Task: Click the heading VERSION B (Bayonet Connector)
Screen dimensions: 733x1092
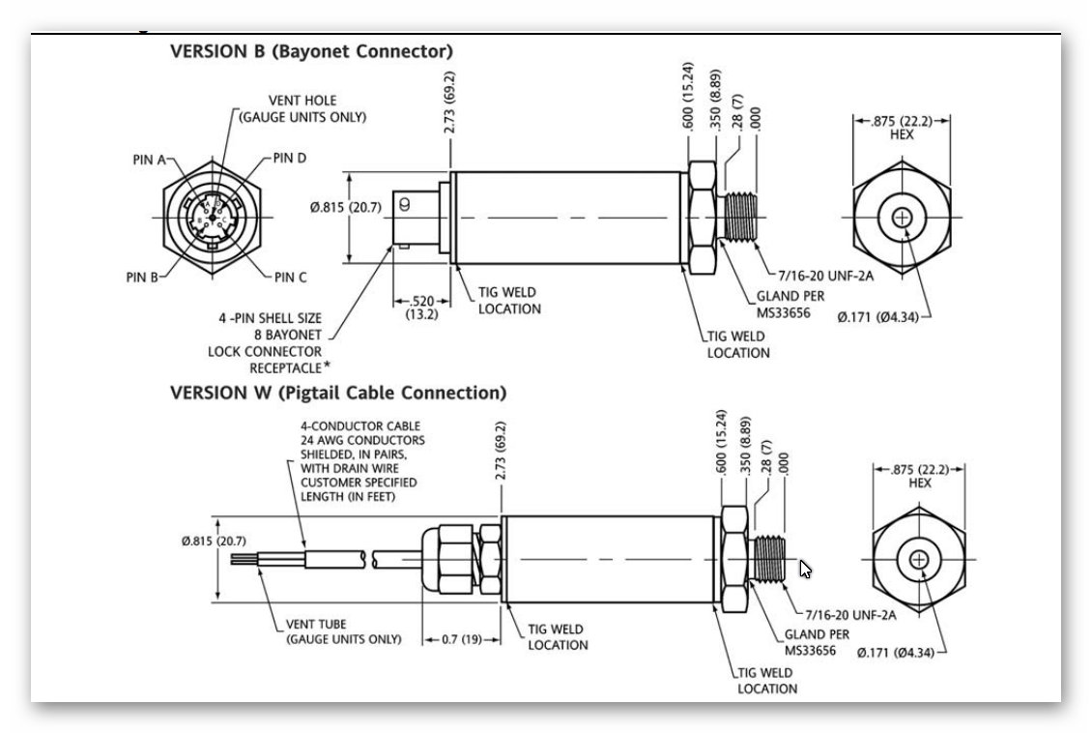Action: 311,51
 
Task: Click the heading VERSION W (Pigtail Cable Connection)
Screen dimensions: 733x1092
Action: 337,394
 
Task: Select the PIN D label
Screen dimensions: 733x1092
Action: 290,159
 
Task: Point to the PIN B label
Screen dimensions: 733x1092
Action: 142,278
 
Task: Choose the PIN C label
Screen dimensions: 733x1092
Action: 290,278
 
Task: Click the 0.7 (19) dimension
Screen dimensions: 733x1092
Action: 460,640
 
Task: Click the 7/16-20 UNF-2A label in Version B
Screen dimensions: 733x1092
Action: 826,276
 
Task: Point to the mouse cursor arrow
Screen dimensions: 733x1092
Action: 806,570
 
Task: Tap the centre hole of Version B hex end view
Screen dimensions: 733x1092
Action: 902,219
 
